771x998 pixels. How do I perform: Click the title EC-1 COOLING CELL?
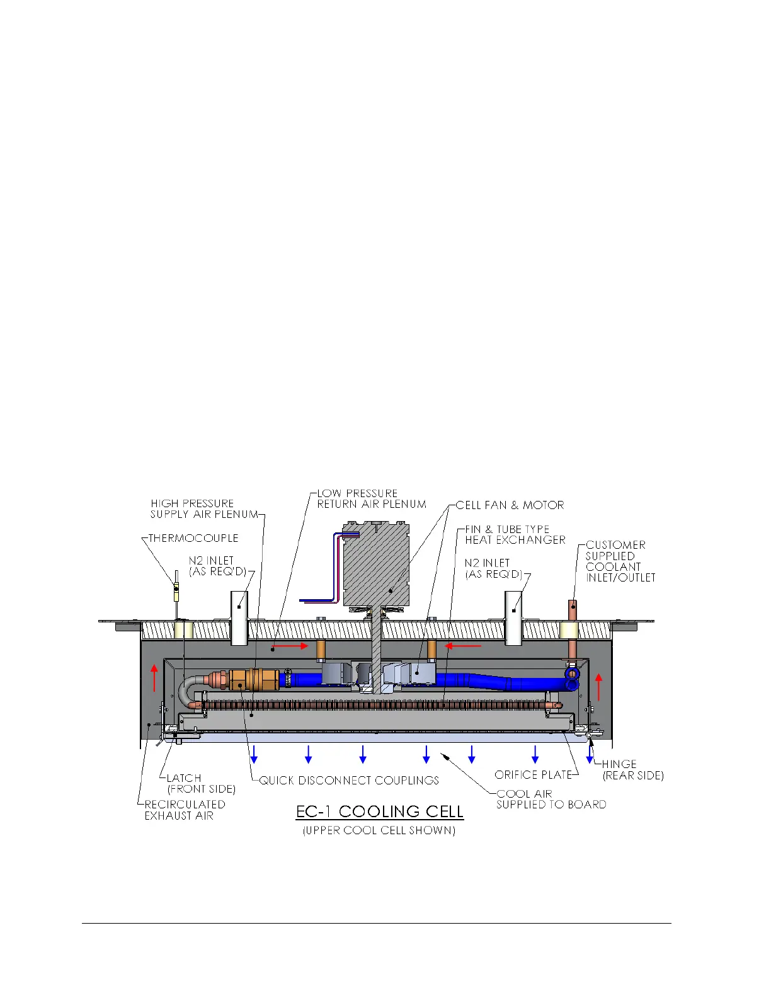click(x=380, y=811)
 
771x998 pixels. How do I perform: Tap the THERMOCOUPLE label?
click(x=193, y=538)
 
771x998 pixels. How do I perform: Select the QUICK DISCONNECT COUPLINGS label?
click(x=349, y=780)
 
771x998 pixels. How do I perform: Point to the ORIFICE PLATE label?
click(x=533, y=774)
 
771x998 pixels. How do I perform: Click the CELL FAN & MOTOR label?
click(x=510, y=505)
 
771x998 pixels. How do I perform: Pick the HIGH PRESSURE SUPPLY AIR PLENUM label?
click(x=204, y=508)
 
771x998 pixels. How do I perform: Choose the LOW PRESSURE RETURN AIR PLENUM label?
click(x=371, y=498)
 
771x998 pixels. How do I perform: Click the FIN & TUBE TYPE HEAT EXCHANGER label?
click(x=515, y=534)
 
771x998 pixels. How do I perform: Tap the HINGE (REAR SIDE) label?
click(x=632, y=769)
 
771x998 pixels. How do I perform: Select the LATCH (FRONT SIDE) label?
click(x=201, y=783)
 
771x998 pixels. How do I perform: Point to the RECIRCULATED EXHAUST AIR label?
click(x=185, y=810)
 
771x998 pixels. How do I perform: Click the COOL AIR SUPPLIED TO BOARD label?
click(x=551, y=799)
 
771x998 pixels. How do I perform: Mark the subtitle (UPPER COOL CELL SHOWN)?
click(x=379, y=830)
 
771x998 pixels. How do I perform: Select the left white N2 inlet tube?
click(x=239, y=617)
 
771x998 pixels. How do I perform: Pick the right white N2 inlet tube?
click(x=514, y=617)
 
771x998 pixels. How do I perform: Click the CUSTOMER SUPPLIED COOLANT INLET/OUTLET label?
click(x=620, y=561)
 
